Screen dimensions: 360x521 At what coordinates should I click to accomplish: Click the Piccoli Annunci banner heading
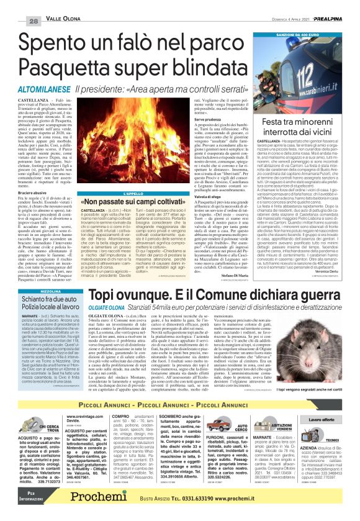[x=179, y=387]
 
